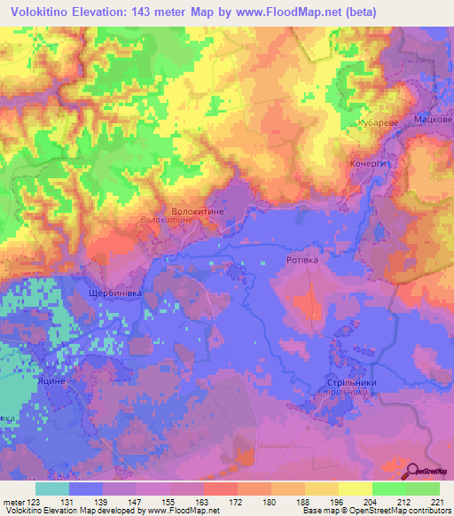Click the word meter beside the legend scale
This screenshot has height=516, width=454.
tap(12, 502)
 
